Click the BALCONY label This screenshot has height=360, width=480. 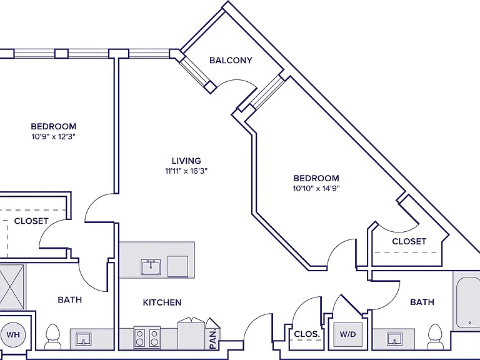point(231,60)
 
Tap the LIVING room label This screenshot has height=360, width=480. point(186,161)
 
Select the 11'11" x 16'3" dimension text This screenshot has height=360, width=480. point(186,171)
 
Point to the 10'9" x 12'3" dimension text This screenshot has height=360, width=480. point(54,136)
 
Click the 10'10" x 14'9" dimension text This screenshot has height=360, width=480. point(316,188)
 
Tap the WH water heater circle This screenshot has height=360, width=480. point(13,334)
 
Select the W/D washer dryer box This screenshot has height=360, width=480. point(347,334)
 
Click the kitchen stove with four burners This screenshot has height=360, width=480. point(147,337)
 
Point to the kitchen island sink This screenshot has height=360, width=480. point(151,267)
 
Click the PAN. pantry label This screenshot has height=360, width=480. point(213,338)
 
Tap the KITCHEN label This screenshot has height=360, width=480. point(162,302)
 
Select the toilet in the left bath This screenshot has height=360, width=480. point(52,337)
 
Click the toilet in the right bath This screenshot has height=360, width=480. point(435,337)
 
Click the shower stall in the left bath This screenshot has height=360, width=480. point(12,287)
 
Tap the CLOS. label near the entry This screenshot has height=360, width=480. point(307,334)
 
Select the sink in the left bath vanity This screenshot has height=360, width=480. point(84,339)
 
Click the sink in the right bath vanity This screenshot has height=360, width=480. point(394,339)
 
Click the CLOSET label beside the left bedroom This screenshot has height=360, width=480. point(31,221)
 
